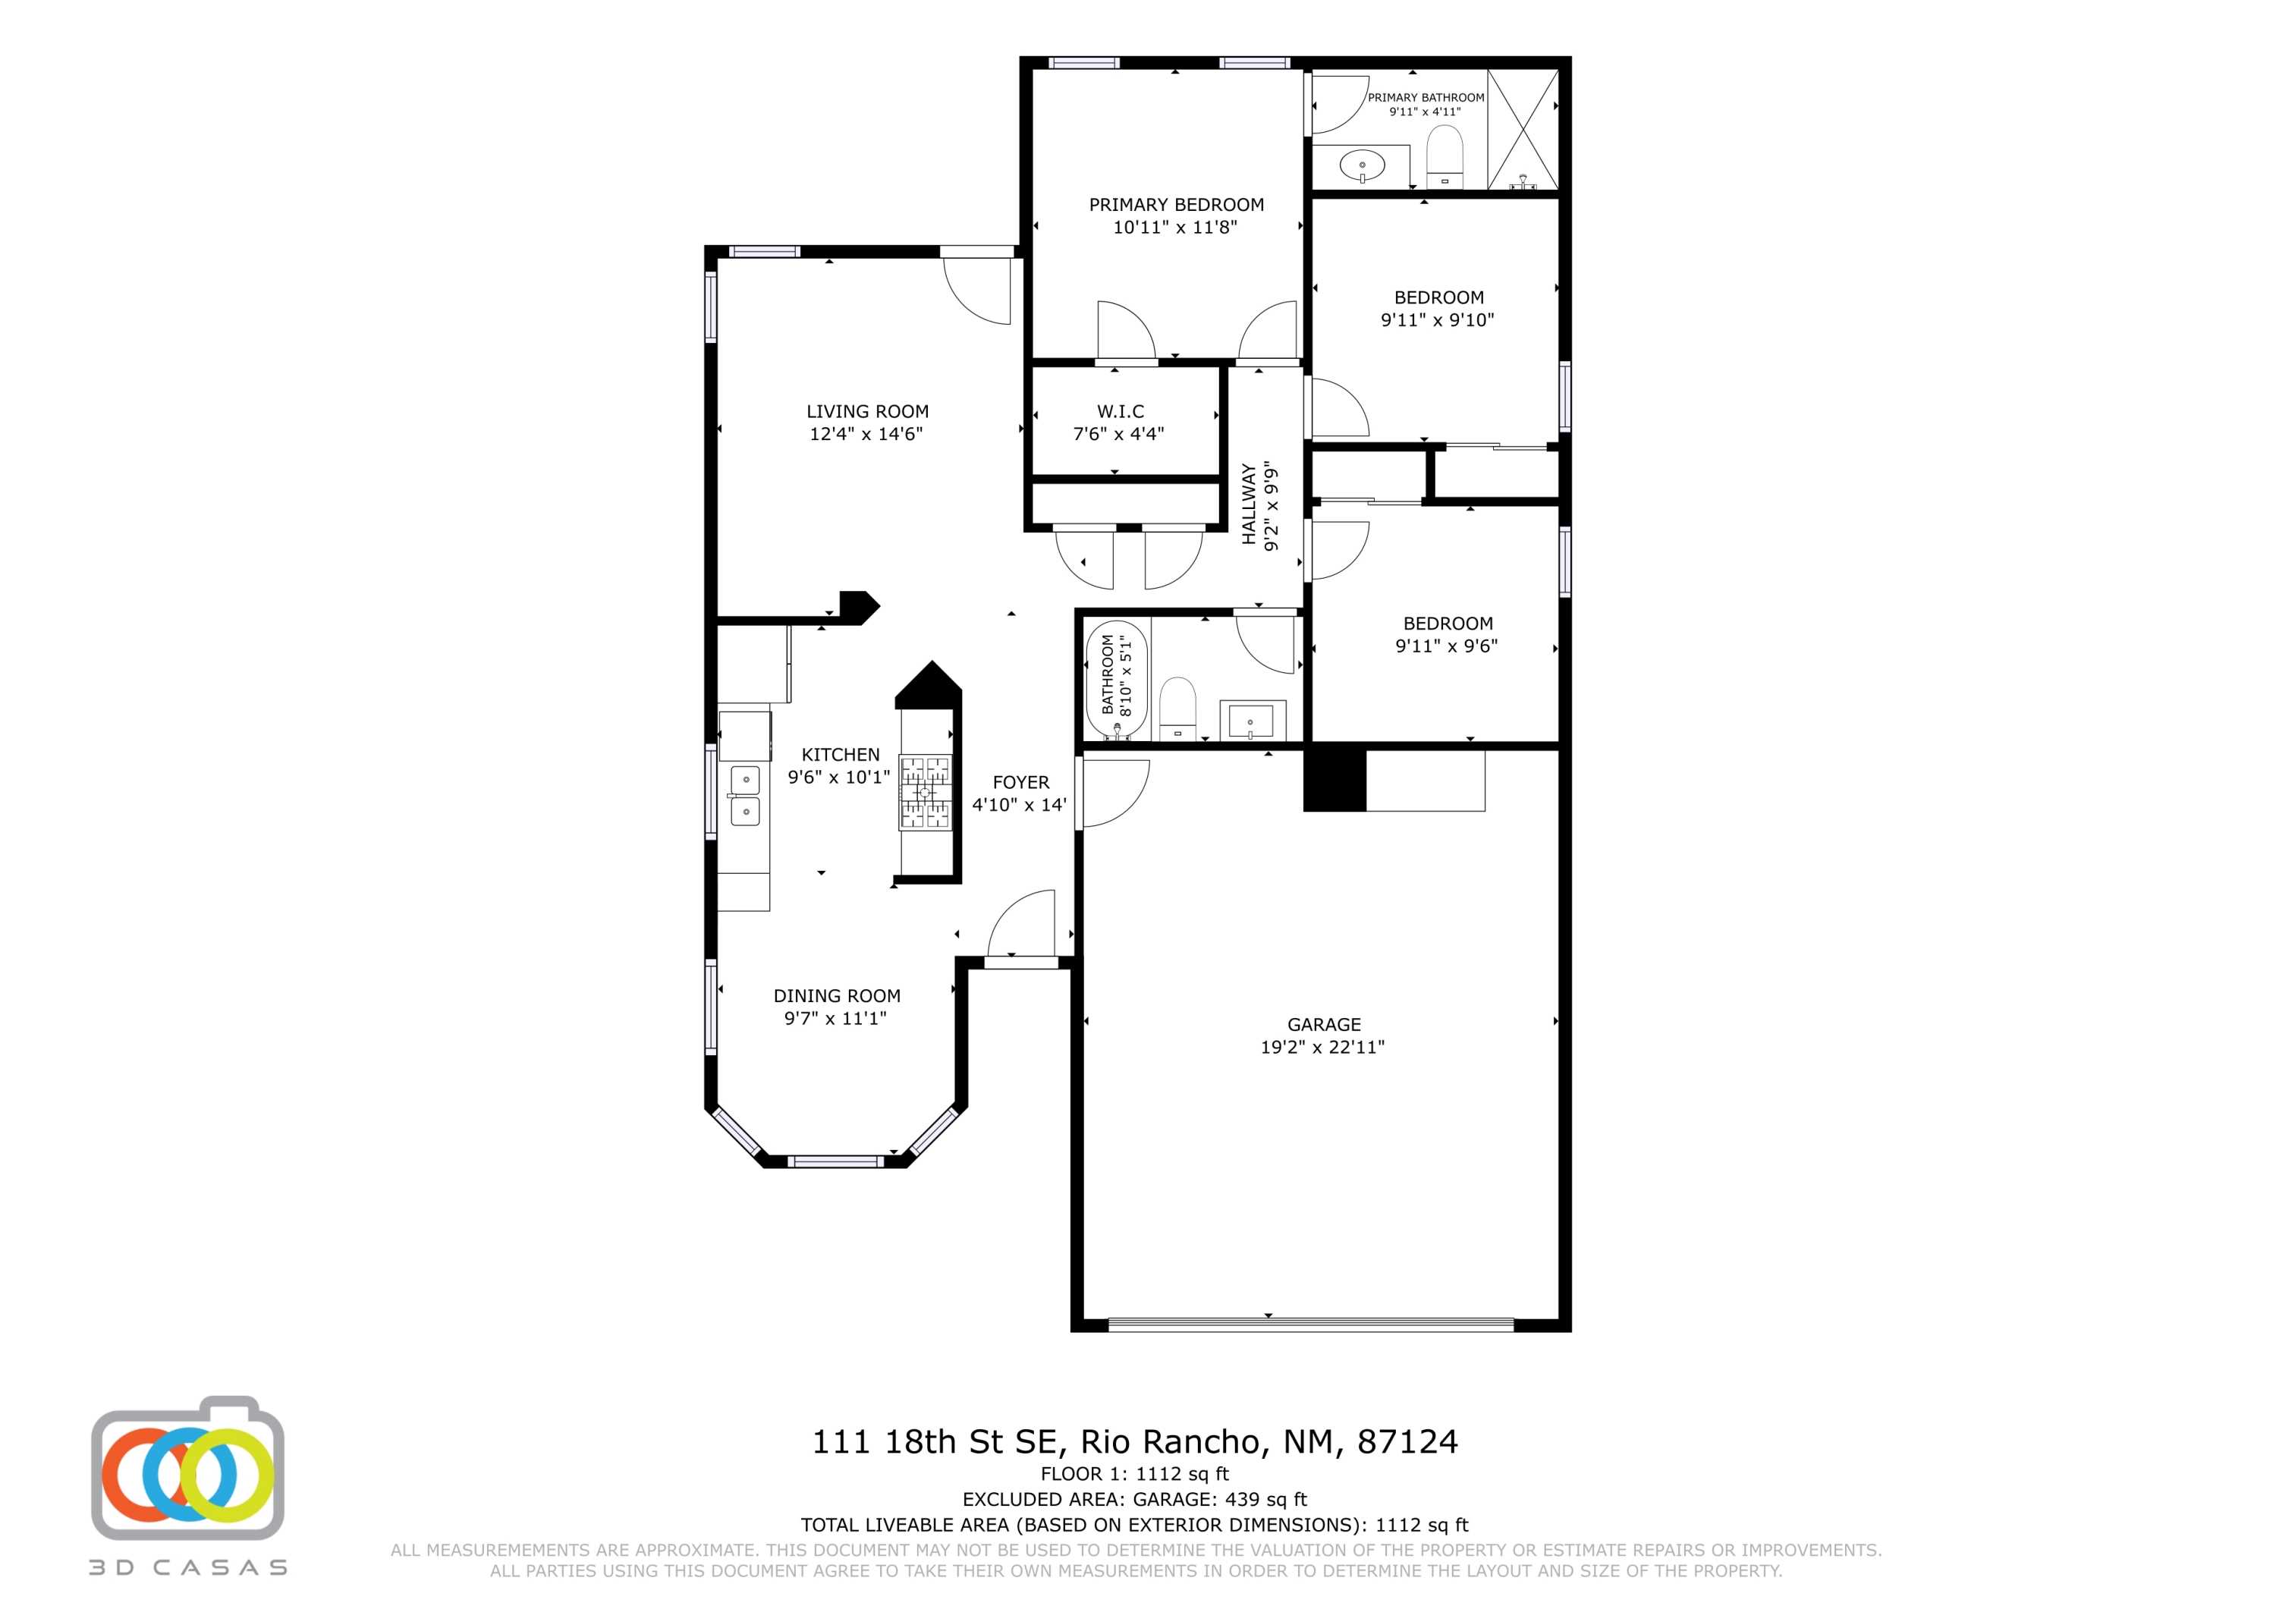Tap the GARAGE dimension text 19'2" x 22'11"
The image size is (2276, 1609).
coord(1322,1047)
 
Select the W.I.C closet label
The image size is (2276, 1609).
coord(1120,411)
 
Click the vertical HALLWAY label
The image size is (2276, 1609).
coord(1249,504)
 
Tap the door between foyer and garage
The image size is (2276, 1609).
coord(1114,792)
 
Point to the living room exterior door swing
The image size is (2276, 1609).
coord(977,290)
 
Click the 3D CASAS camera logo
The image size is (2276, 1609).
coord(188,1472)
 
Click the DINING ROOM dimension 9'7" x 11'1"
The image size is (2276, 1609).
coord(835,1018)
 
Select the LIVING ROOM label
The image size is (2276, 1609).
coord(867,411)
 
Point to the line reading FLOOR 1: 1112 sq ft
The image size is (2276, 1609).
coord(1134,1474)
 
